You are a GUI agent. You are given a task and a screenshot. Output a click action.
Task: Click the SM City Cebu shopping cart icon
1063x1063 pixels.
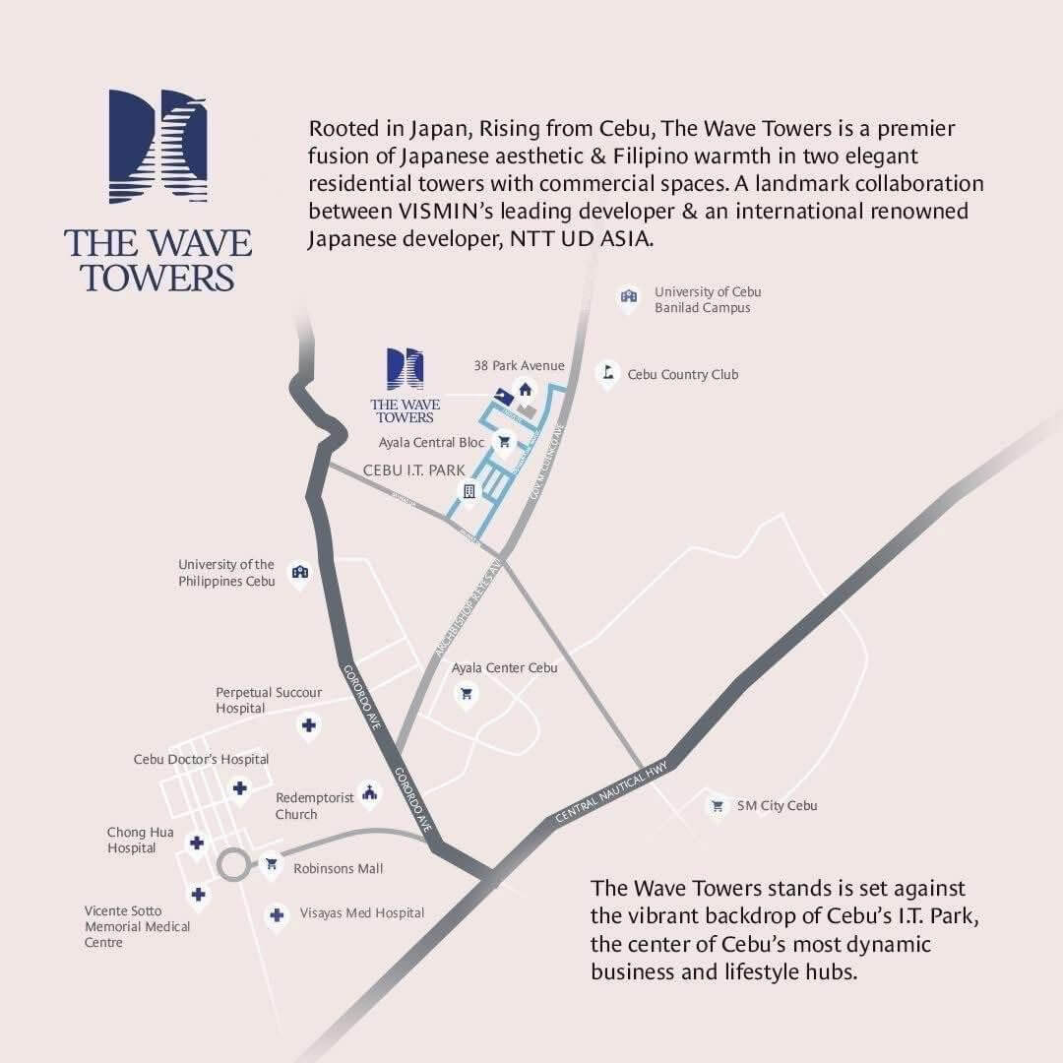point(718,805)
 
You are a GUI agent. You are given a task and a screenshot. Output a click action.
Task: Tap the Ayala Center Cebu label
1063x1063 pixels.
point(504,668)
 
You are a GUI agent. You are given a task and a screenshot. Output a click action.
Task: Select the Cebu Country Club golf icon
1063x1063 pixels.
point(607,373)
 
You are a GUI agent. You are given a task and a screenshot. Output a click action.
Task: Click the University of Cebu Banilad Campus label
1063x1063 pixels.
point(708,300)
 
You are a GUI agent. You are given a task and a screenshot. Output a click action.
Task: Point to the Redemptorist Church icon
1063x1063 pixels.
point(369,792)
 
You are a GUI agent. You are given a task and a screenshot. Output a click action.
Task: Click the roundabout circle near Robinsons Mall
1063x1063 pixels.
point(234,866)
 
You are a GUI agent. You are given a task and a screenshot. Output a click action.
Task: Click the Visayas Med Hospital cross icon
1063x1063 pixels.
point(277,914)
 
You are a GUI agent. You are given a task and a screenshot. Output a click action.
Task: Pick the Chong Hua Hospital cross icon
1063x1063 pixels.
point(197,844)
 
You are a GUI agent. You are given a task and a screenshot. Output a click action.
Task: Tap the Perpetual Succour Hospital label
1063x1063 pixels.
point(268,700)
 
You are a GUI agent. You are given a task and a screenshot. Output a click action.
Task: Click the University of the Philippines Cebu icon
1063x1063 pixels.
point(300,572)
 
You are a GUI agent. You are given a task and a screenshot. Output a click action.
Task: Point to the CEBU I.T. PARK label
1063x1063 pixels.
point(413,470)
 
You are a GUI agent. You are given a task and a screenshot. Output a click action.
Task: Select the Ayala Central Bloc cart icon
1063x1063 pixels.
point(504,442)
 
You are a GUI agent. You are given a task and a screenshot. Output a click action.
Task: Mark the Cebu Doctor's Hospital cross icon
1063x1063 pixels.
point(239,787)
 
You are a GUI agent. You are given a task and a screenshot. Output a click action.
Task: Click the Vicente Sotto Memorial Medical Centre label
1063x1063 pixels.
point(137,926)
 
